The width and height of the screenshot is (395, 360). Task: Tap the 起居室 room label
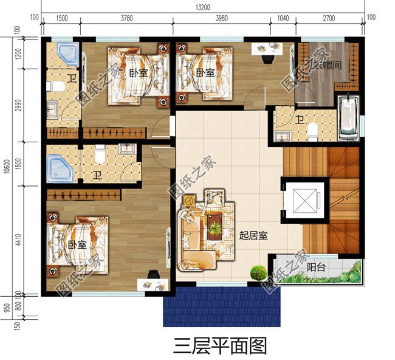pyautogui.click(x=254, y=235)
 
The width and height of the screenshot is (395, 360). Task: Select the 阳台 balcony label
pyautogui.click(x=315, y=266)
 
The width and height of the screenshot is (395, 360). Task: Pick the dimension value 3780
pyautogui.click(x=126, y=18)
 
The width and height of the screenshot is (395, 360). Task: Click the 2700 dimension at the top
pyautogui.click(x=328, y=18)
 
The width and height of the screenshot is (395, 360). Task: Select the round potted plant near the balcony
pyautogui.click(x=259, y=272)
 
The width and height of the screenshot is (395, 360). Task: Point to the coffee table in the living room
pyautogui.click(x=214, y=228)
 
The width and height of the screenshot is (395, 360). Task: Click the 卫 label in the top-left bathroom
pyautogui.click(x=71, y=78)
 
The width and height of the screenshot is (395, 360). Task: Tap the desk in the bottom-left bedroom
pyautogui.click(x=150, y=283)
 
